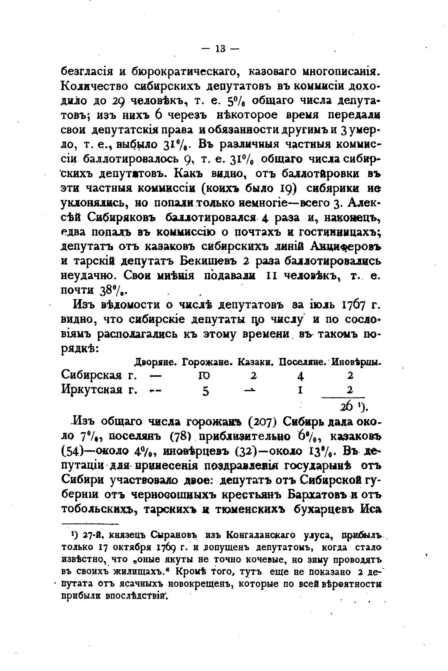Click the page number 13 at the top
220,49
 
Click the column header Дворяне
157,362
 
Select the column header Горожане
208,362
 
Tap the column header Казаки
256,362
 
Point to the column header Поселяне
303,362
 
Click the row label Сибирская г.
99,375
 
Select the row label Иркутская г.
99,390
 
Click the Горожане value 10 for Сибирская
205,376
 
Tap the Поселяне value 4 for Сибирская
301,376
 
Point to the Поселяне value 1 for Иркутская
300,391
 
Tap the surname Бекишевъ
208,261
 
